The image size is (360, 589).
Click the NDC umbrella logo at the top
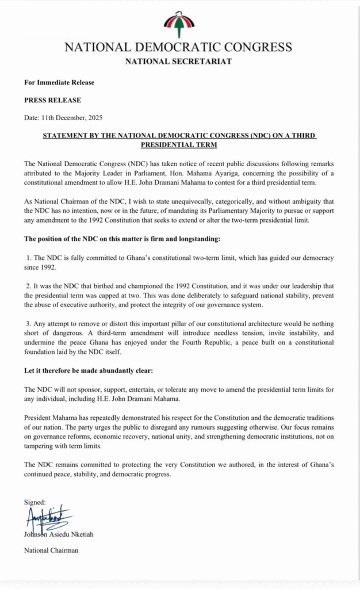click(x=179, y=25)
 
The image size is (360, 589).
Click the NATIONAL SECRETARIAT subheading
click(x=179, y=62)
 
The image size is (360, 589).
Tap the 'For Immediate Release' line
click(x=59, y=83)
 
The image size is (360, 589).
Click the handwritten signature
click(x=49, y=518)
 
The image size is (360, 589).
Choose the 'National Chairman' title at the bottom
click(x=51, y=550)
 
